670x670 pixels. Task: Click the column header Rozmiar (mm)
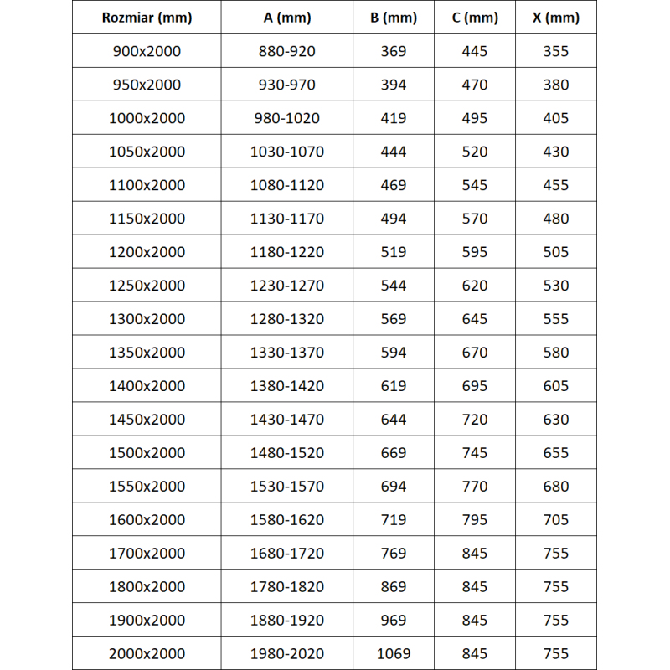pyautogui.click(x=147, y=18)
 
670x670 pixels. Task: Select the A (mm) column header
pyautogui.click(x=287, y=18)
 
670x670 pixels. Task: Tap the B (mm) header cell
pyautogui.click(x=394, y=18)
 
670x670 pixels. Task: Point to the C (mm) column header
pyautogui.click(x=475, y=18)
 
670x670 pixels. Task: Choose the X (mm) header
pyautogui.click(x=556, y=18)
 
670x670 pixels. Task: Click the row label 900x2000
pyautogui.click(x=147, y=51)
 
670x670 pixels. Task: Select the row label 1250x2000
pyautogui.click(x=147, y=286)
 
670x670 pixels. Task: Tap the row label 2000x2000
pyautogui.click(x=147, y=653)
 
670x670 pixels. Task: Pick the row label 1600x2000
pyautogui.click(x=147, y=520)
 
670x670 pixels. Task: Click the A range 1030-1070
pyautogui.click(x=287, y=152)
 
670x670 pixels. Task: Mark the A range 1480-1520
pyautogui.click(x=287, y=453)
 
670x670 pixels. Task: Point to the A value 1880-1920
pyautogui.click(x=287, y=620)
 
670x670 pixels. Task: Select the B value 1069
pyautogui.click(x=394, y=653)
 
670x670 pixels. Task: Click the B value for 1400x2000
pyautogui.click(x=394, y=386)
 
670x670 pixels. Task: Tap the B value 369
pyautogui.click(x=394, y=51)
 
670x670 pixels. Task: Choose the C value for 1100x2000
pyautogui.click(x=475, y=185)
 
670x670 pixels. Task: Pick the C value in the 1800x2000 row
pyautogui.click(x=475, y=586)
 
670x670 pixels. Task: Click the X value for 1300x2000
pyautogui.click(x=556, y=319)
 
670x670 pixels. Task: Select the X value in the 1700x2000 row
pyautogui.click(x=556, y=553)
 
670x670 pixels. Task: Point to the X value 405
pyautogui.click(x=556, y=118)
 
